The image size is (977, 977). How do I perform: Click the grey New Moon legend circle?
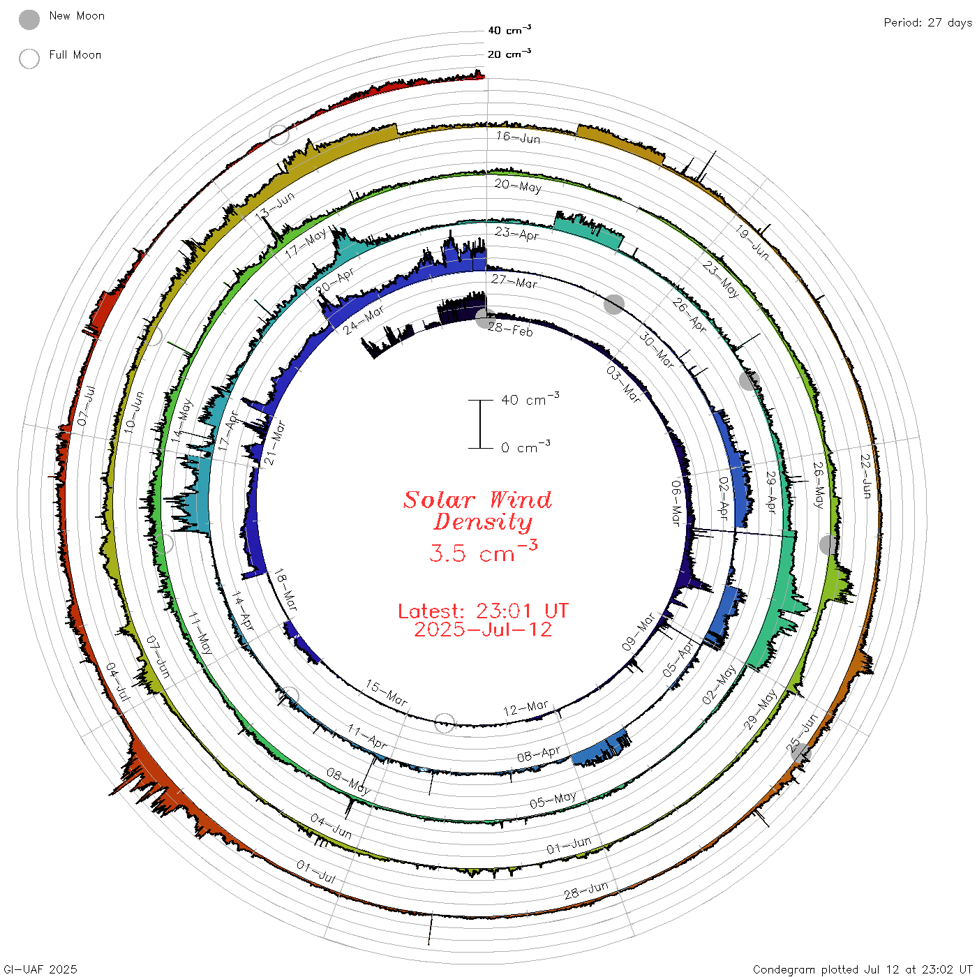tap(29, 20)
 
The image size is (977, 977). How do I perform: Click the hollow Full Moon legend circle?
tap(29, 59)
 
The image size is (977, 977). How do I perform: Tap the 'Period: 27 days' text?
tap(927, 23)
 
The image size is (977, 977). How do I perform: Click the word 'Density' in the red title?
tap(482, 522)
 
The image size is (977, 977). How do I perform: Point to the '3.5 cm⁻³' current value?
tap(483, 551)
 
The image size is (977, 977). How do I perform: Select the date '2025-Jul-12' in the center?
tap(483, 629)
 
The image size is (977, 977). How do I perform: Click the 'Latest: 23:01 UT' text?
tap(483, 611)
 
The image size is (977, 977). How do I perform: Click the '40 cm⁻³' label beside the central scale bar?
tap(530, 398)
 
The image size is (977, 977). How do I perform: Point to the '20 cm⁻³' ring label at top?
tap(509, 53)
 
